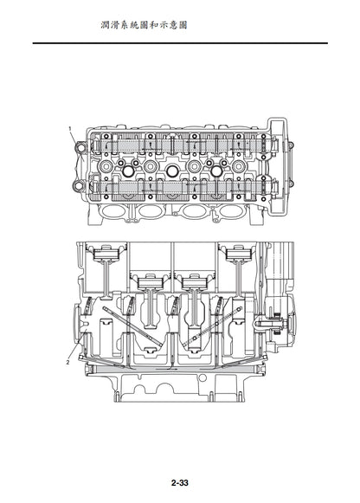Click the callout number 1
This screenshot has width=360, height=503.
[x=70, y=128]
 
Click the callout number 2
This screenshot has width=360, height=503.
[x=67, y=363]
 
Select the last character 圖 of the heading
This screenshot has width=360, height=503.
[x=183, y=25]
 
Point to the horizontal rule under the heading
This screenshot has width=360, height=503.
[x=180, y=42]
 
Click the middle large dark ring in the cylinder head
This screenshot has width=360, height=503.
[x=172, y=171]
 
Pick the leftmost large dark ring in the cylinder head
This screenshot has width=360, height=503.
[x=129, y=171]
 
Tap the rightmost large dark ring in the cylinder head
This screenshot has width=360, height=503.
[x=216, y=171]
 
